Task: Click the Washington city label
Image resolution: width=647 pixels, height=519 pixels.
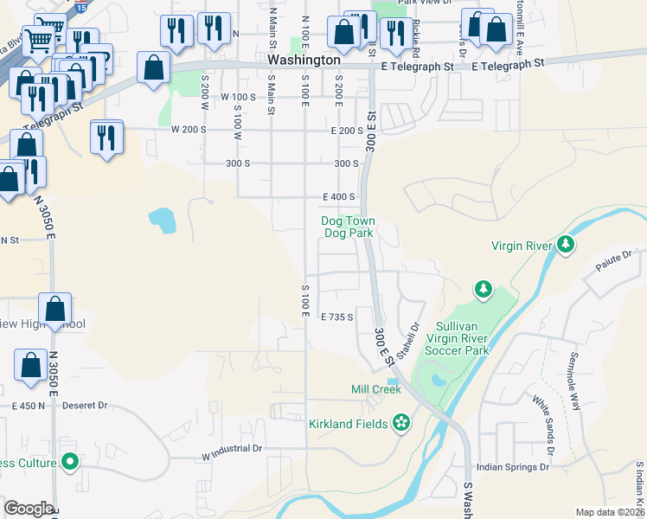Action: pyautogui.click(x=304, y=61)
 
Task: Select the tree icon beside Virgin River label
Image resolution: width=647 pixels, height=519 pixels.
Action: pyautogui.click(x=566, y=246)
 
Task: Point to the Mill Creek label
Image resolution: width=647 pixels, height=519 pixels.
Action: pyautogui.click(x=376, y=390)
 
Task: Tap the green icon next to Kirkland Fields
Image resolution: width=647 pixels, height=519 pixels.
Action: pyautogui.click(x=400, y=423)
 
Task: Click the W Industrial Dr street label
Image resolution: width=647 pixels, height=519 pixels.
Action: pyautogui.click(x=231, y=449)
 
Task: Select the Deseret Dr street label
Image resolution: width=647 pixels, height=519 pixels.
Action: pyautogui.click(x=89, y=405)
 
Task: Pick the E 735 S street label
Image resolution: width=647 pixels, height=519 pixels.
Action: pyautogui.click(x=337, y=317)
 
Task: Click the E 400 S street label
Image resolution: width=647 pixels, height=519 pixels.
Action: pyautogui.click(x=339, y=197)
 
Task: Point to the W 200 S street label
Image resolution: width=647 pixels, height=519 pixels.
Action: pyautogui.click(x=189, y=130)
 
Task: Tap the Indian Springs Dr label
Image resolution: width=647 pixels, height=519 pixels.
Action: pyautogui.click(x=512, y=466)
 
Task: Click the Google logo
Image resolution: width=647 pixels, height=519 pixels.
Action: pyautogui.click(x=29, y=509)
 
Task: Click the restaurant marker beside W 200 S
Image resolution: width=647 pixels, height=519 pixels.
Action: pyautogui.click(x=106, y=138)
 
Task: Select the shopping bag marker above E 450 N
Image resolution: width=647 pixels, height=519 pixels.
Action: pyautogui.click(x=31, y=365)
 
